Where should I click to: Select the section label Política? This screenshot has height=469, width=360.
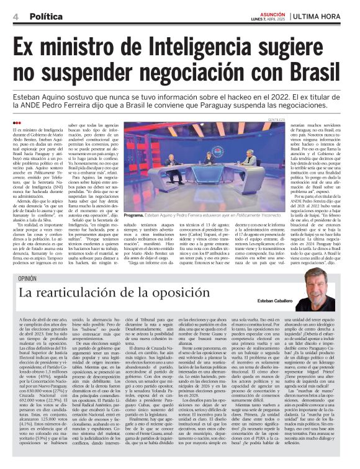(47, 16)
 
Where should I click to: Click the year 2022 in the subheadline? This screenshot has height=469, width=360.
(248, 98)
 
